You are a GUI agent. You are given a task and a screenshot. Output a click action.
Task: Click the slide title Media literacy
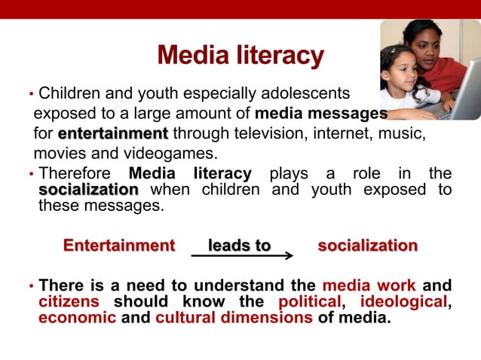(x=240, y=56)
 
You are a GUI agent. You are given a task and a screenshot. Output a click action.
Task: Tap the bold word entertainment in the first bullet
(x=112, y=134)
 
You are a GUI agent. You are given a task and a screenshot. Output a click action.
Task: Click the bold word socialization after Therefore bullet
(x=88, y=189)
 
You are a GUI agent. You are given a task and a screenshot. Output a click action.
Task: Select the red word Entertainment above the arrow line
(x=119, y=246)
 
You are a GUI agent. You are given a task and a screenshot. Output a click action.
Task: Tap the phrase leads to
(x=239, y=246)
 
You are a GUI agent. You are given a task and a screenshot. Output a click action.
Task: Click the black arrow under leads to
(x=241, y=256)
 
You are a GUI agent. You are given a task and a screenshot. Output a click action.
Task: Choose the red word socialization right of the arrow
(x=367, y=246)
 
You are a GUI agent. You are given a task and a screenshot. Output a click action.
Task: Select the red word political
(x=310, y=302)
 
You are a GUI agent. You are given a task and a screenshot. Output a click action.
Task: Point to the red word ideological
(x=403, y=302)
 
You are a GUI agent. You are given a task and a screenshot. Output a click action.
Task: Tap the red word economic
(x=77, y=317)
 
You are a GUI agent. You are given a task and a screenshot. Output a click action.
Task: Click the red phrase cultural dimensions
(x=234, y=317)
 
